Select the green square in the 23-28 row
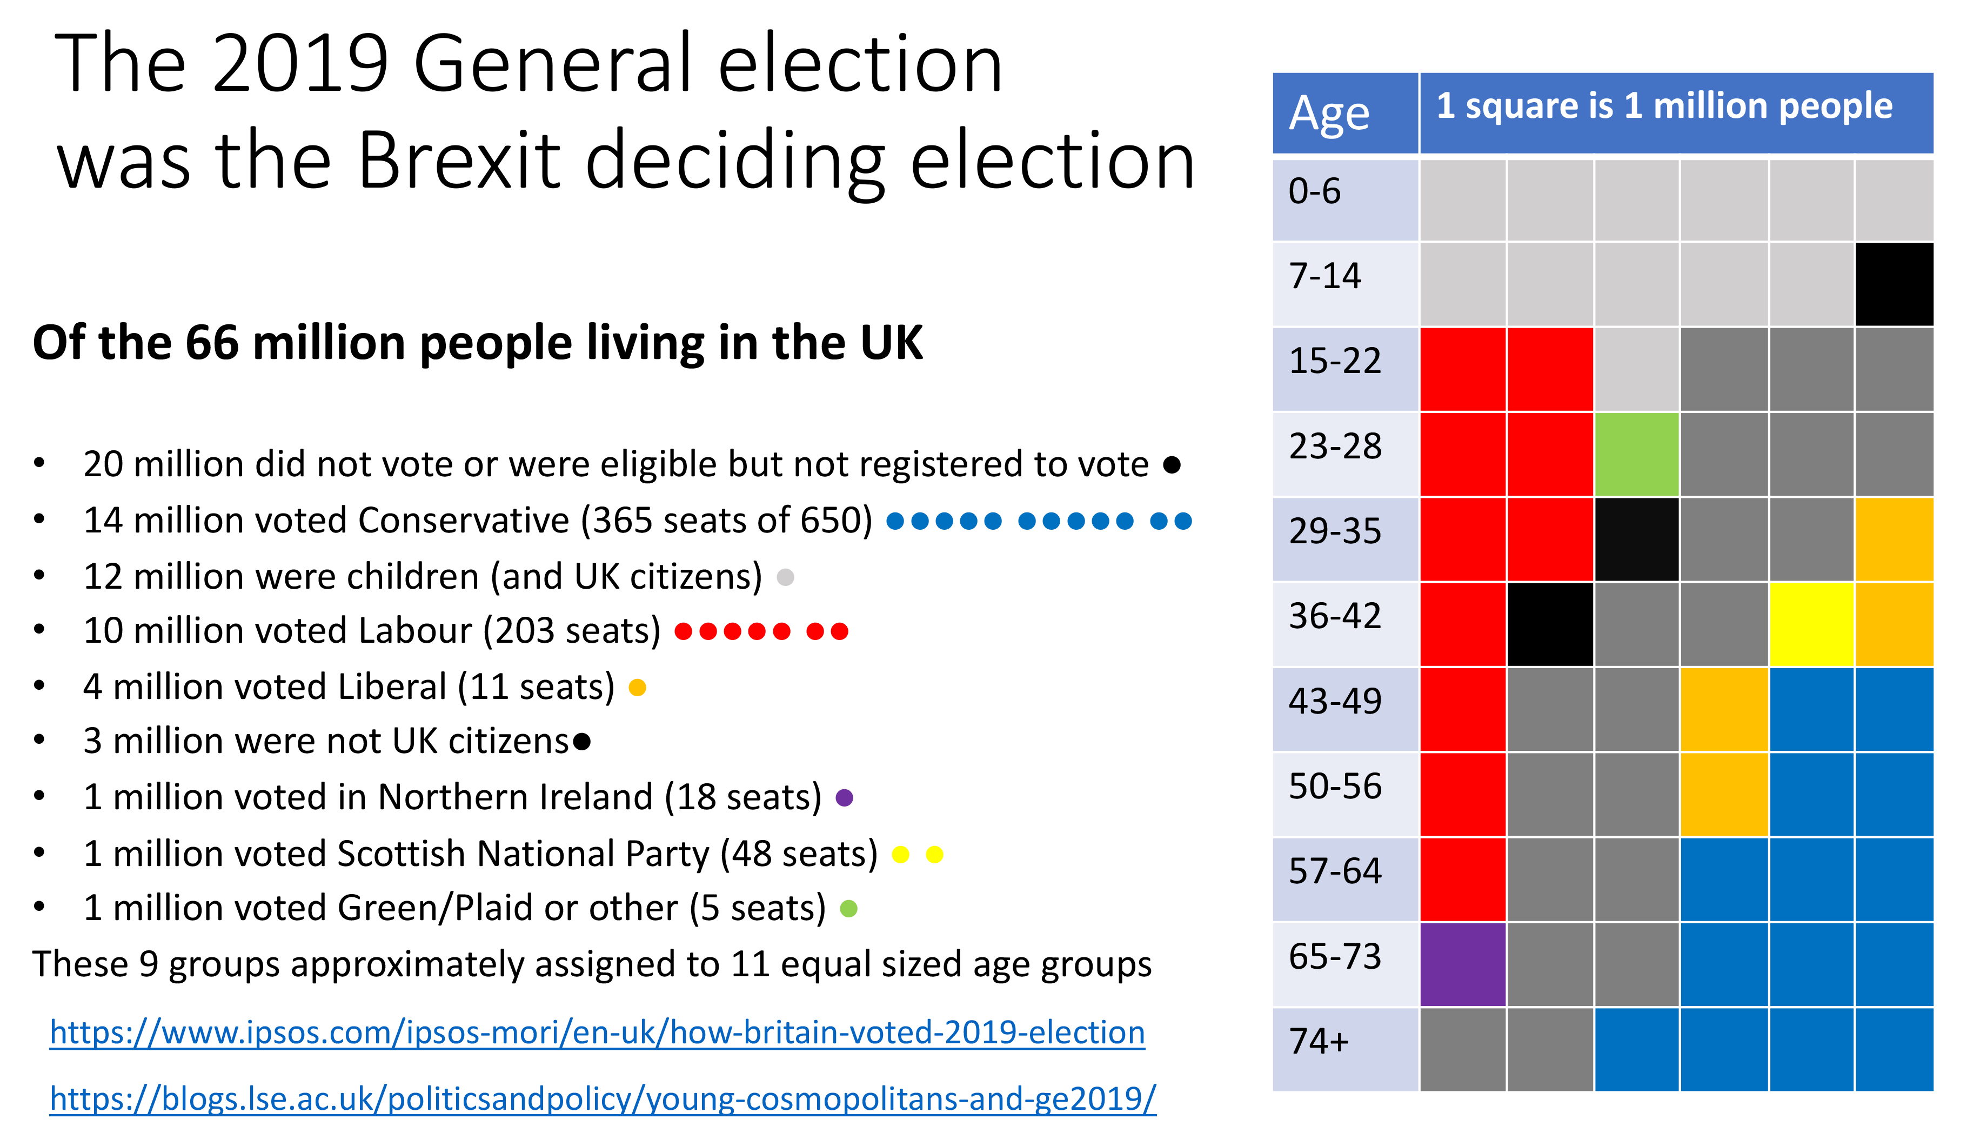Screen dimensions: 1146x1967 [1636, 454]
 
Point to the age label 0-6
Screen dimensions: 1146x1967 [1314, 191]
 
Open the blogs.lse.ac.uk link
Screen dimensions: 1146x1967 [603, 1098]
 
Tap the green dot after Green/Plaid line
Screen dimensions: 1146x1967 [848, 908]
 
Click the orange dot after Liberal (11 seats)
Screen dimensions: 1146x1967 [637, 687]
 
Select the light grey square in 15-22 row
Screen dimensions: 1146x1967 [1636, 369]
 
